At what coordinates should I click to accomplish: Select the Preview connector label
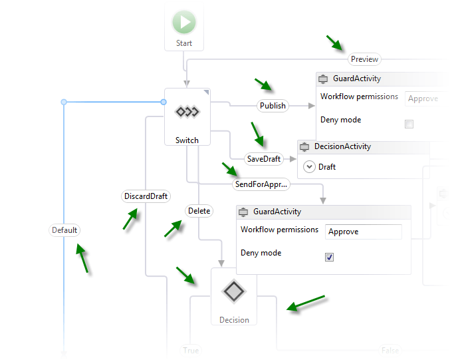(364, 59)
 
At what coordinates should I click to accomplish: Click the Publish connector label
(273, 105)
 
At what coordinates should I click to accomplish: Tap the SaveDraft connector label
(264, 159)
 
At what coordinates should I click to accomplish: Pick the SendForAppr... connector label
(261, 184)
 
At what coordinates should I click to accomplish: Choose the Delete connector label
(199, 211)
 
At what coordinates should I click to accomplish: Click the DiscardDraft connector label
(146, 196)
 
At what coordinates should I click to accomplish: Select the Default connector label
(65, 230)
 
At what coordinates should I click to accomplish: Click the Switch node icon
(187, 112)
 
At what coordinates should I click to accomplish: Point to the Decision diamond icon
(234, 291)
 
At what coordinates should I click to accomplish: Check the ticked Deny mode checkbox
(329, 257)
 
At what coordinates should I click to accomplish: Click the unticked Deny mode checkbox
(409, 124)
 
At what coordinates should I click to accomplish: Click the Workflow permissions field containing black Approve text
(363, 232)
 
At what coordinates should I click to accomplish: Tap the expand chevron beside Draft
(309, 167)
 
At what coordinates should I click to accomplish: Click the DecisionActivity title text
(342, 146)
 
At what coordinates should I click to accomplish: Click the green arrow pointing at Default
(82, 258)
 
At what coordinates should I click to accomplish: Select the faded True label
(191, 350)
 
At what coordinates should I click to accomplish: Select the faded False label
(390, 350)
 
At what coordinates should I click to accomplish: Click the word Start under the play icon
(184, 43)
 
